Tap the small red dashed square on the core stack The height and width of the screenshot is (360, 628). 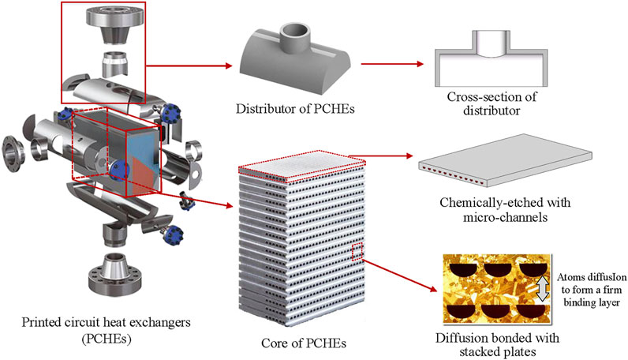tap(357, 252)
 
